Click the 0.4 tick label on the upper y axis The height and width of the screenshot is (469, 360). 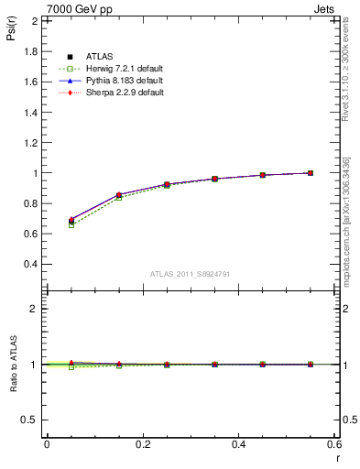[x=31, y=264]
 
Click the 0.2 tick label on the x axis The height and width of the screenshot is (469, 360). [x=142, y=444]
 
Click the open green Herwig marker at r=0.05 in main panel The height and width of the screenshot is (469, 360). [x=71, y=224]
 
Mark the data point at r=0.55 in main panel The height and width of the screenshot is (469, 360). [x=311, y=172]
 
